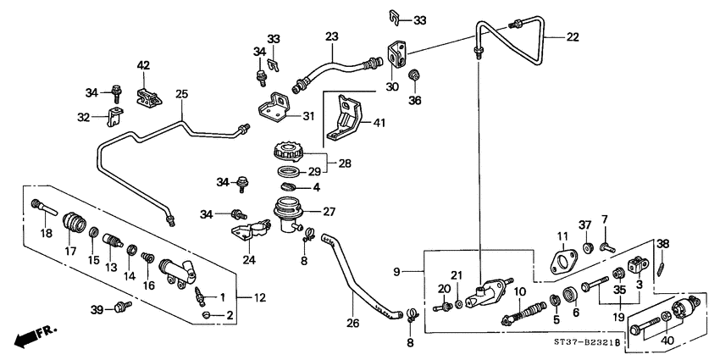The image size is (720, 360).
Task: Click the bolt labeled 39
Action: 123,306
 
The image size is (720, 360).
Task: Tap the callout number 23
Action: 330,36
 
